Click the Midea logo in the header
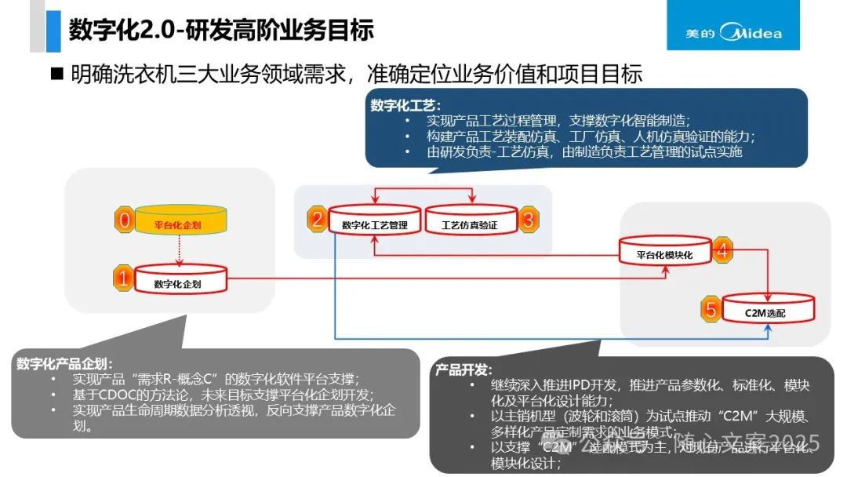(733, 33)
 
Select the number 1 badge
(124, 278)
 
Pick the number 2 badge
(317, 220)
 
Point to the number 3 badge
(528, 220)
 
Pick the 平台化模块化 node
(663, 253)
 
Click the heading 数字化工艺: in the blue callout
(406, 106)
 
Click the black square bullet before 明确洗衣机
(56, 75)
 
